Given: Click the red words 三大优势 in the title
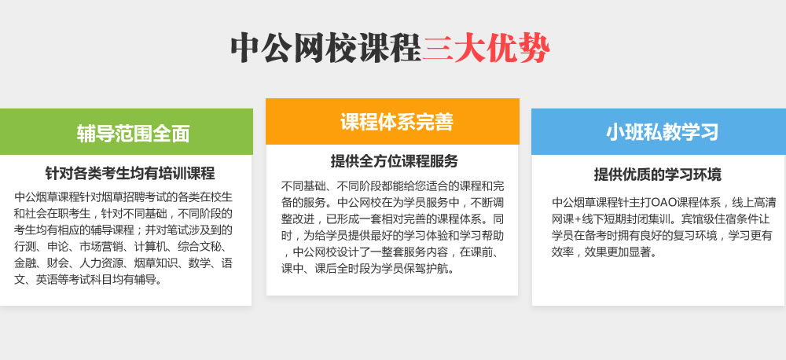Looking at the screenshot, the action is pyautogui.click(x=486, y=48).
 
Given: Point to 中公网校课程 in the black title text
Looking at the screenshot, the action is pyautogui.click(x=326, y=48).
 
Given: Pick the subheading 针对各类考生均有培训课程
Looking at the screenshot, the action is pyautogui.click(x=130, y=174).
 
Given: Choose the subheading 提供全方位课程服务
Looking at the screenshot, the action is pyautogui.click(x=394, y=161).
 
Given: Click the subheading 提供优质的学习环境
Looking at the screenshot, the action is pyautogui.click(x=658, y=174).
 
